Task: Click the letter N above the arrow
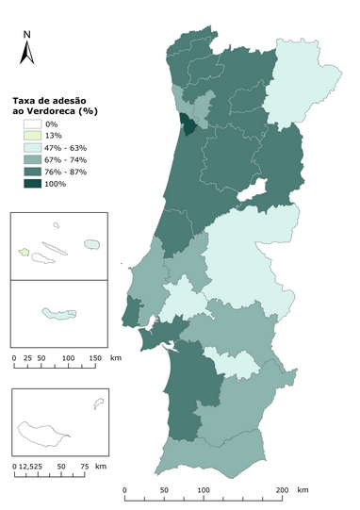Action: click(x=28, y=35)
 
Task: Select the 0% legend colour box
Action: click(x=34, y=124)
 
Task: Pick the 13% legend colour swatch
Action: click(x=34, y=137)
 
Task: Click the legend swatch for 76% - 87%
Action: click(x=34, y=173)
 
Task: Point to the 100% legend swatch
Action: click(x=34, y=185)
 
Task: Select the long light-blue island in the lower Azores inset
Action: click(x=57, y=312)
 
